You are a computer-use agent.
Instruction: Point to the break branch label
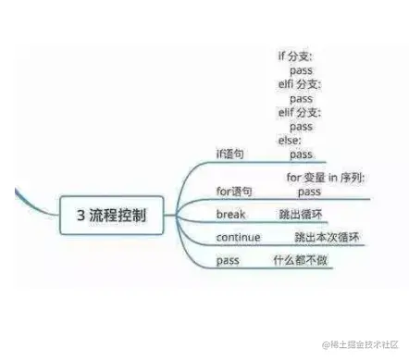click(x=230, y=215)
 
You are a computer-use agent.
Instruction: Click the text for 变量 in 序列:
click(x=324, y=177)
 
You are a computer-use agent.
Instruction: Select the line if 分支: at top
click(x=295, y=56)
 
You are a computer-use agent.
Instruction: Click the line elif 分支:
click(x=297, y=112)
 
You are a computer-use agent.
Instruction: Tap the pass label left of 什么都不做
click(x=228, y=261)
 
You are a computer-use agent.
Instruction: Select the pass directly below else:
click(x=301, y=154)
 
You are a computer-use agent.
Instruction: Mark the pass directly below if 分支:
click(x=301, y=70)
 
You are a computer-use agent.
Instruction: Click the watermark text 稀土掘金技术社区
click(x=366, y=344)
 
